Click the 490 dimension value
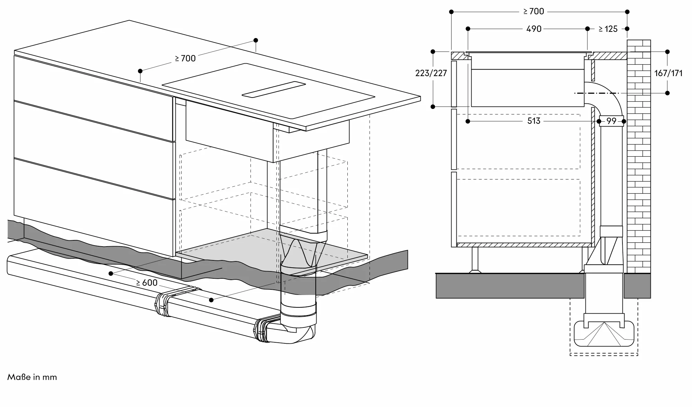[x=534, y=29]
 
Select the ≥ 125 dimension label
[x=608, y=29]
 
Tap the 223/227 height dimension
[x=431, y=73]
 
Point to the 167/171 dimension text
[x=668, y=73]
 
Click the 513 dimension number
[x=534, y=121]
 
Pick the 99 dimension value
[x=611, y=121]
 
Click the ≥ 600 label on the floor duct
[x=147, y=283]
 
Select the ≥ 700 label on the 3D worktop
[x=185, y=58]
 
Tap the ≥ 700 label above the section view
[x=534, y=11]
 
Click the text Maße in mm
[x=32, y=377]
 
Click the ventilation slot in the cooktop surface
[x=273, y=90]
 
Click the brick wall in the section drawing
[x=639, y=156]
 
